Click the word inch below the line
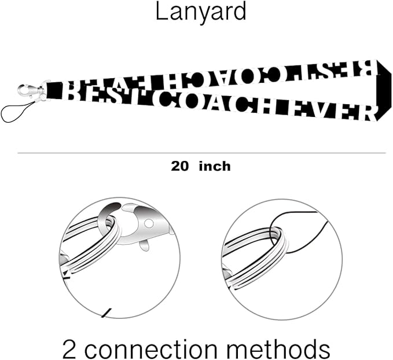[x=214, y=167]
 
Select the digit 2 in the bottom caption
[x=71, y=350]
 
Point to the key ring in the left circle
[x=93, y=243]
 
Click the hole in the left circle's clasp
[x=149, y=223]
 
